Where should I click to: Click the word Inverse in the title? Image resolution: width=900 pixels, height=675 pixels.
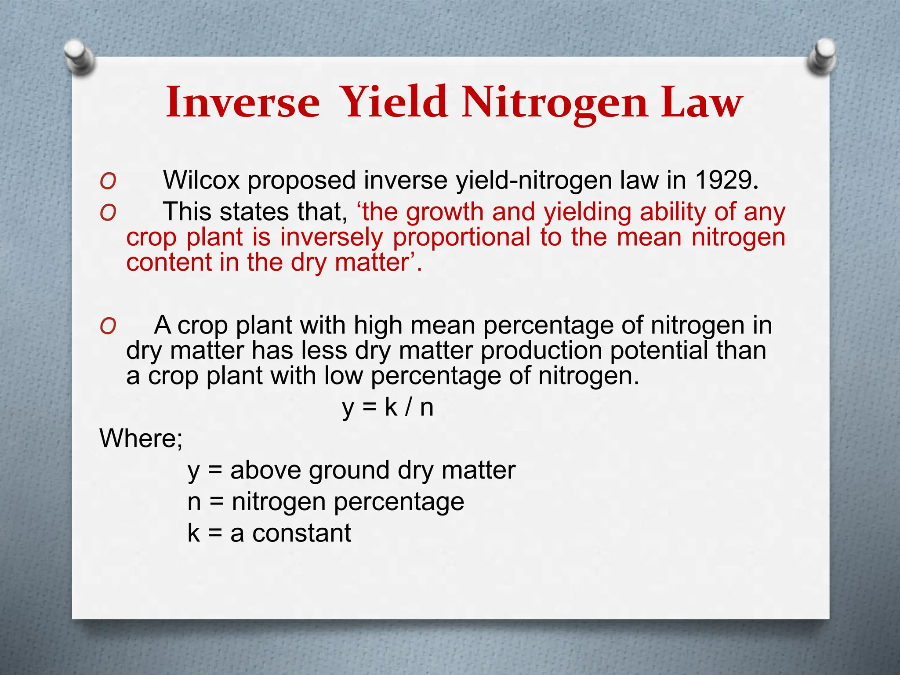[243, 102]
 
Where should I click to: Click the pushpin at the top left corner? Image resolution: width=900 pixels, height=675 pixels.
[79, 57]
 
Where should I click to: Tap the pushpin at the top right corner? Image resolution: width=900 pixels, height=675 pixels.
[821, 56]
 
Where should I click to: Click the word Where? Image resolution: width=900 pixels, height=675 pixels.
[141, 439]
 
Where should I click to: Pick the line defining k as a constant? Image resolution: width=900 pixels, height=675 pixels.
[269, 533]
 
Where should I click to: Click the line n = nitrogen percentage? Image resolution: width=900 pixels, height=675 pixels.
[325, 502]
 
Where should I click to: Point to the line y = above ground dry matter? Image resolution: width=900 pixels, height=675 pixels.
[351, 471]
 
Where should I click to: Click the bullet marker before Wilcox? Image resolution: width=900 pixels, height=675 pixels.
[108, 181]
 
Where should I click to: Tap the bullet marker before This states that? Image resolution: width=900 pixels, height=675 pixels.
[108, 213]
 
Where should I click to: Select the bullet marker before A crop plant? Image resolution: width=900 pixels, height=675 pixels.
[108, 326]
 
